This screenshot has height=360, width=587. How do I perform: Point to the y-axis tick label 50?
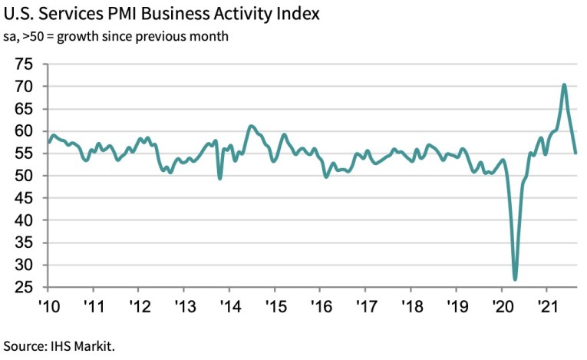(23, 176)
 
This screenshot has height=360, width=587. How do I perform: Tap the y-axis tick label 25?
(23, 287)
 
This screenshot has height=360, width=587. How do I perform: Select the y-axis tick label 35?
(23, 243)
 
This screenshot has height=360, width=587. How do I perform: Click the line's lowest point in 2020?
(515, 279)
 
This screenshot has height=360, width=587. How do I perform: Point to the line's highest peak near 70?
(564, 85)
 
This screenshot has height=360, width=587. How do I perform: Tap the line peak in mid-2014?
(250, 126)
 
